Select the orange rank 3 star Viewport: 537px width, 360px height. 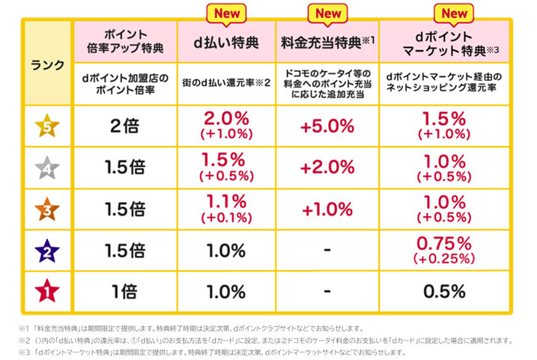pyautogui.click(x=47, y=211)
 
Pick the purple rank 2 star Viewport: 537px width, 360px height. pyautogui.click(x=47, y=251)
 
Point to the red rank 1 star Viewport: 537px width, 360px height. pyautogui.click(x=47, y=291)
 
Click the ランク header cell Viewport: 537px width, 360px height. pyautogui.click(x=47, y=64)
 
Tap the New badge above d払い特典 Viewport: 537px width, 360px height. pyautogui.click(x=226, y=13)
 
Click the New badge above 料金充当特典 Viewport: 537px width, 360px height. pyautogui.click(x=327, y=13)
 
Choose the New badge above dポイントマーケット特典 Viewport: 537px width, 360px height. pyautogui.click(x=454, y=13)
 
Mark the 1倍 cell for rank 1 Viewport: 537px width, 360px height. pyautogui.click(x=124, y=291)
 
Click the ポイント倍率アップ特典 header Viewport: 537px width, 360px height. pyautogui.click(x=124, y=43)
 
